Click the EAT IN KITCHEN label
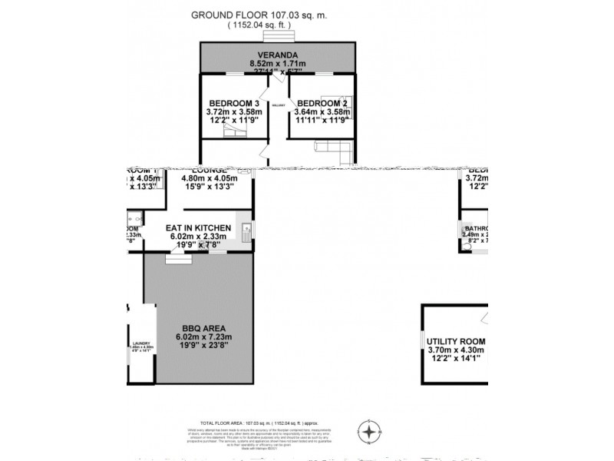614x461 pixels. (198, 228)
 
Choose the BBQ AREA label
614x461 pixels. (198, 327)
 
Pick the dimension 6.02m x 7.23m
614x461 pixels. (198, 337)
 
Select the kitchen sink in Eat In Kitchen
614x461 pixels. (244, 228)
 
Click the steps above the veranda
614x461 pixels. (277, 35)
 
